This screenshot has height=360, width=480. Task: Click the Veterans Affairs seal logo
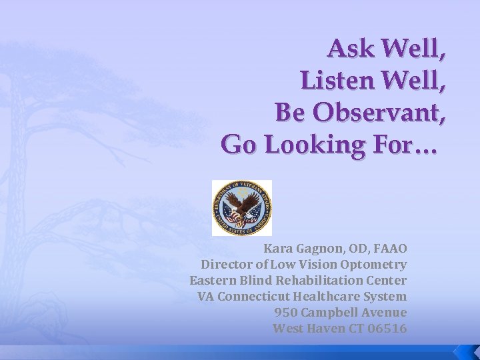pos(241,207)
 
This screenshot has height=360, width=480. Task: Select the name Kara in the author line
pos(278,249)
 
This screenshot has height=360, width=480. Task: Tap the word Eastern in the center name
pos(209,281)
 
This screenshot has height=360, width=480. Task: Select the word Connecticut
pos(255,297)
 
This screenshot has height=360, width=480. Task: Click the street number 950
pos(285,313)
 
